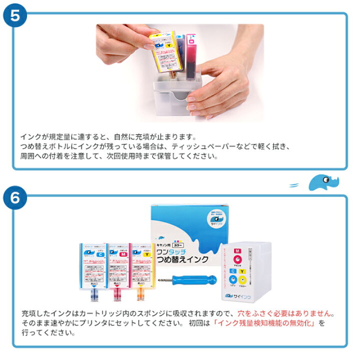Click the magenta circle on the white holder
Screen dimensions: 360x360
(238, 258)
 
